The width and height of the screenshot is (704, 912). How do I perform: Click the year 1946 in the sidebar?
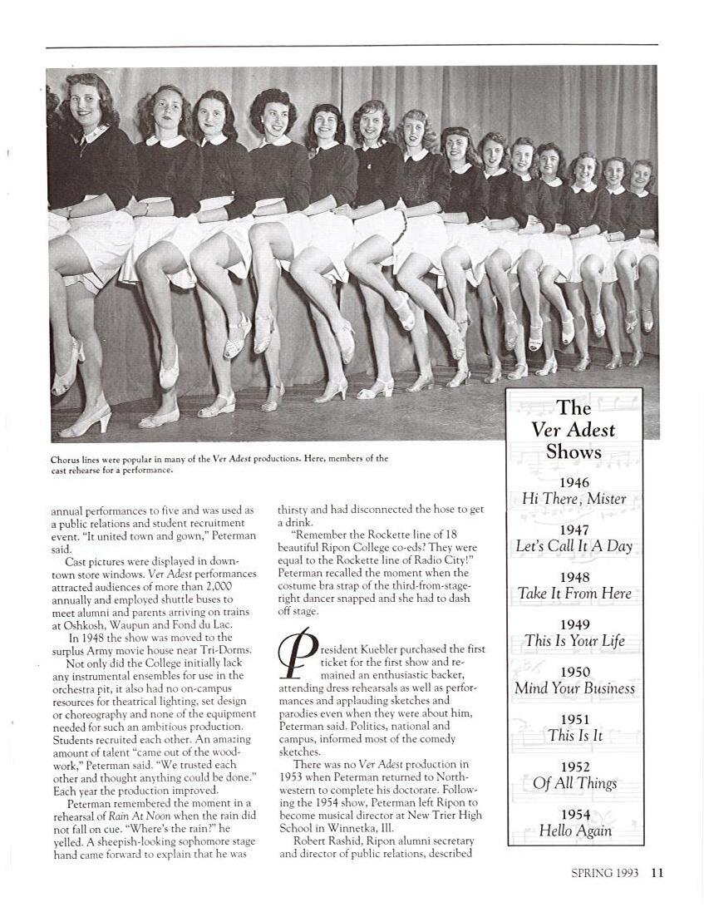click(x=574, y=482)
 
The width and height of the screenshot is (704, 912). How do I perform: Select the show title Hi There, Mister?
click(x=574, y=499)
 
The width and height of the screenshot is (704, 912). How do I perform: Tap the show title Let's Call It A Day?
click(x=574, y=546)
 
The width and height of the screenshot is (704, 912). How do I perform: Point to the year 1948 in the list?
click(x=574, y=577)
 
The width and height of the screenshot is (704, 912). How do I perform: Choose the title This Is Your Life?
click(x=574, y=641)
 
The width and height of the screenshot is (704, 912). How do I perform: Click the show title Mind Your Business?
click(x=574, y=688)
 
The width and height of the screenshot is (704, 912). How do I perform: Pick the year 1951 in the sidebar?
click(x=574, y=719)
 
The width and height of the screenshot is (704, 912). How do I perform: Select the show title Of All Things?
click(x=574, y=783)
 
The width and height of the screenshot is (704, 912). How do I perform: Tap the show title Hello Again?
click(x=574, y=831)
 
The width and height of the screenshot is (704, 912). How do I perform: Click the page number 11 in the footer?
click(x=657, y=872)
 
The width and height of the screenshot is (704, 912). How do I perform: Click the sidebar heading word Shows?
click(x=574, y=451)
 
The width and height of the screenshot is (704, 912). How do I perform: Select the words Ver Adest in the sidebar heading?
click(x=574, y=430)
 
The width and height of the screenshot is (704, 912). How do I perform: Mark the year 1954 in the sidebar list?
click(x=574, y=815)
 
